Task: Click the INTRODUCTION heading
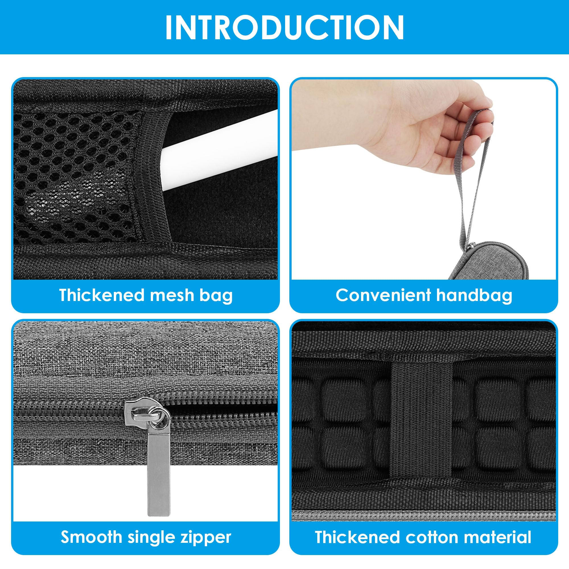(284, 27)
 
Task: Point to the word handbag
(474, 295)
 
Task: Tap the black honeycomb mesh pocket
(74, 177)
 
